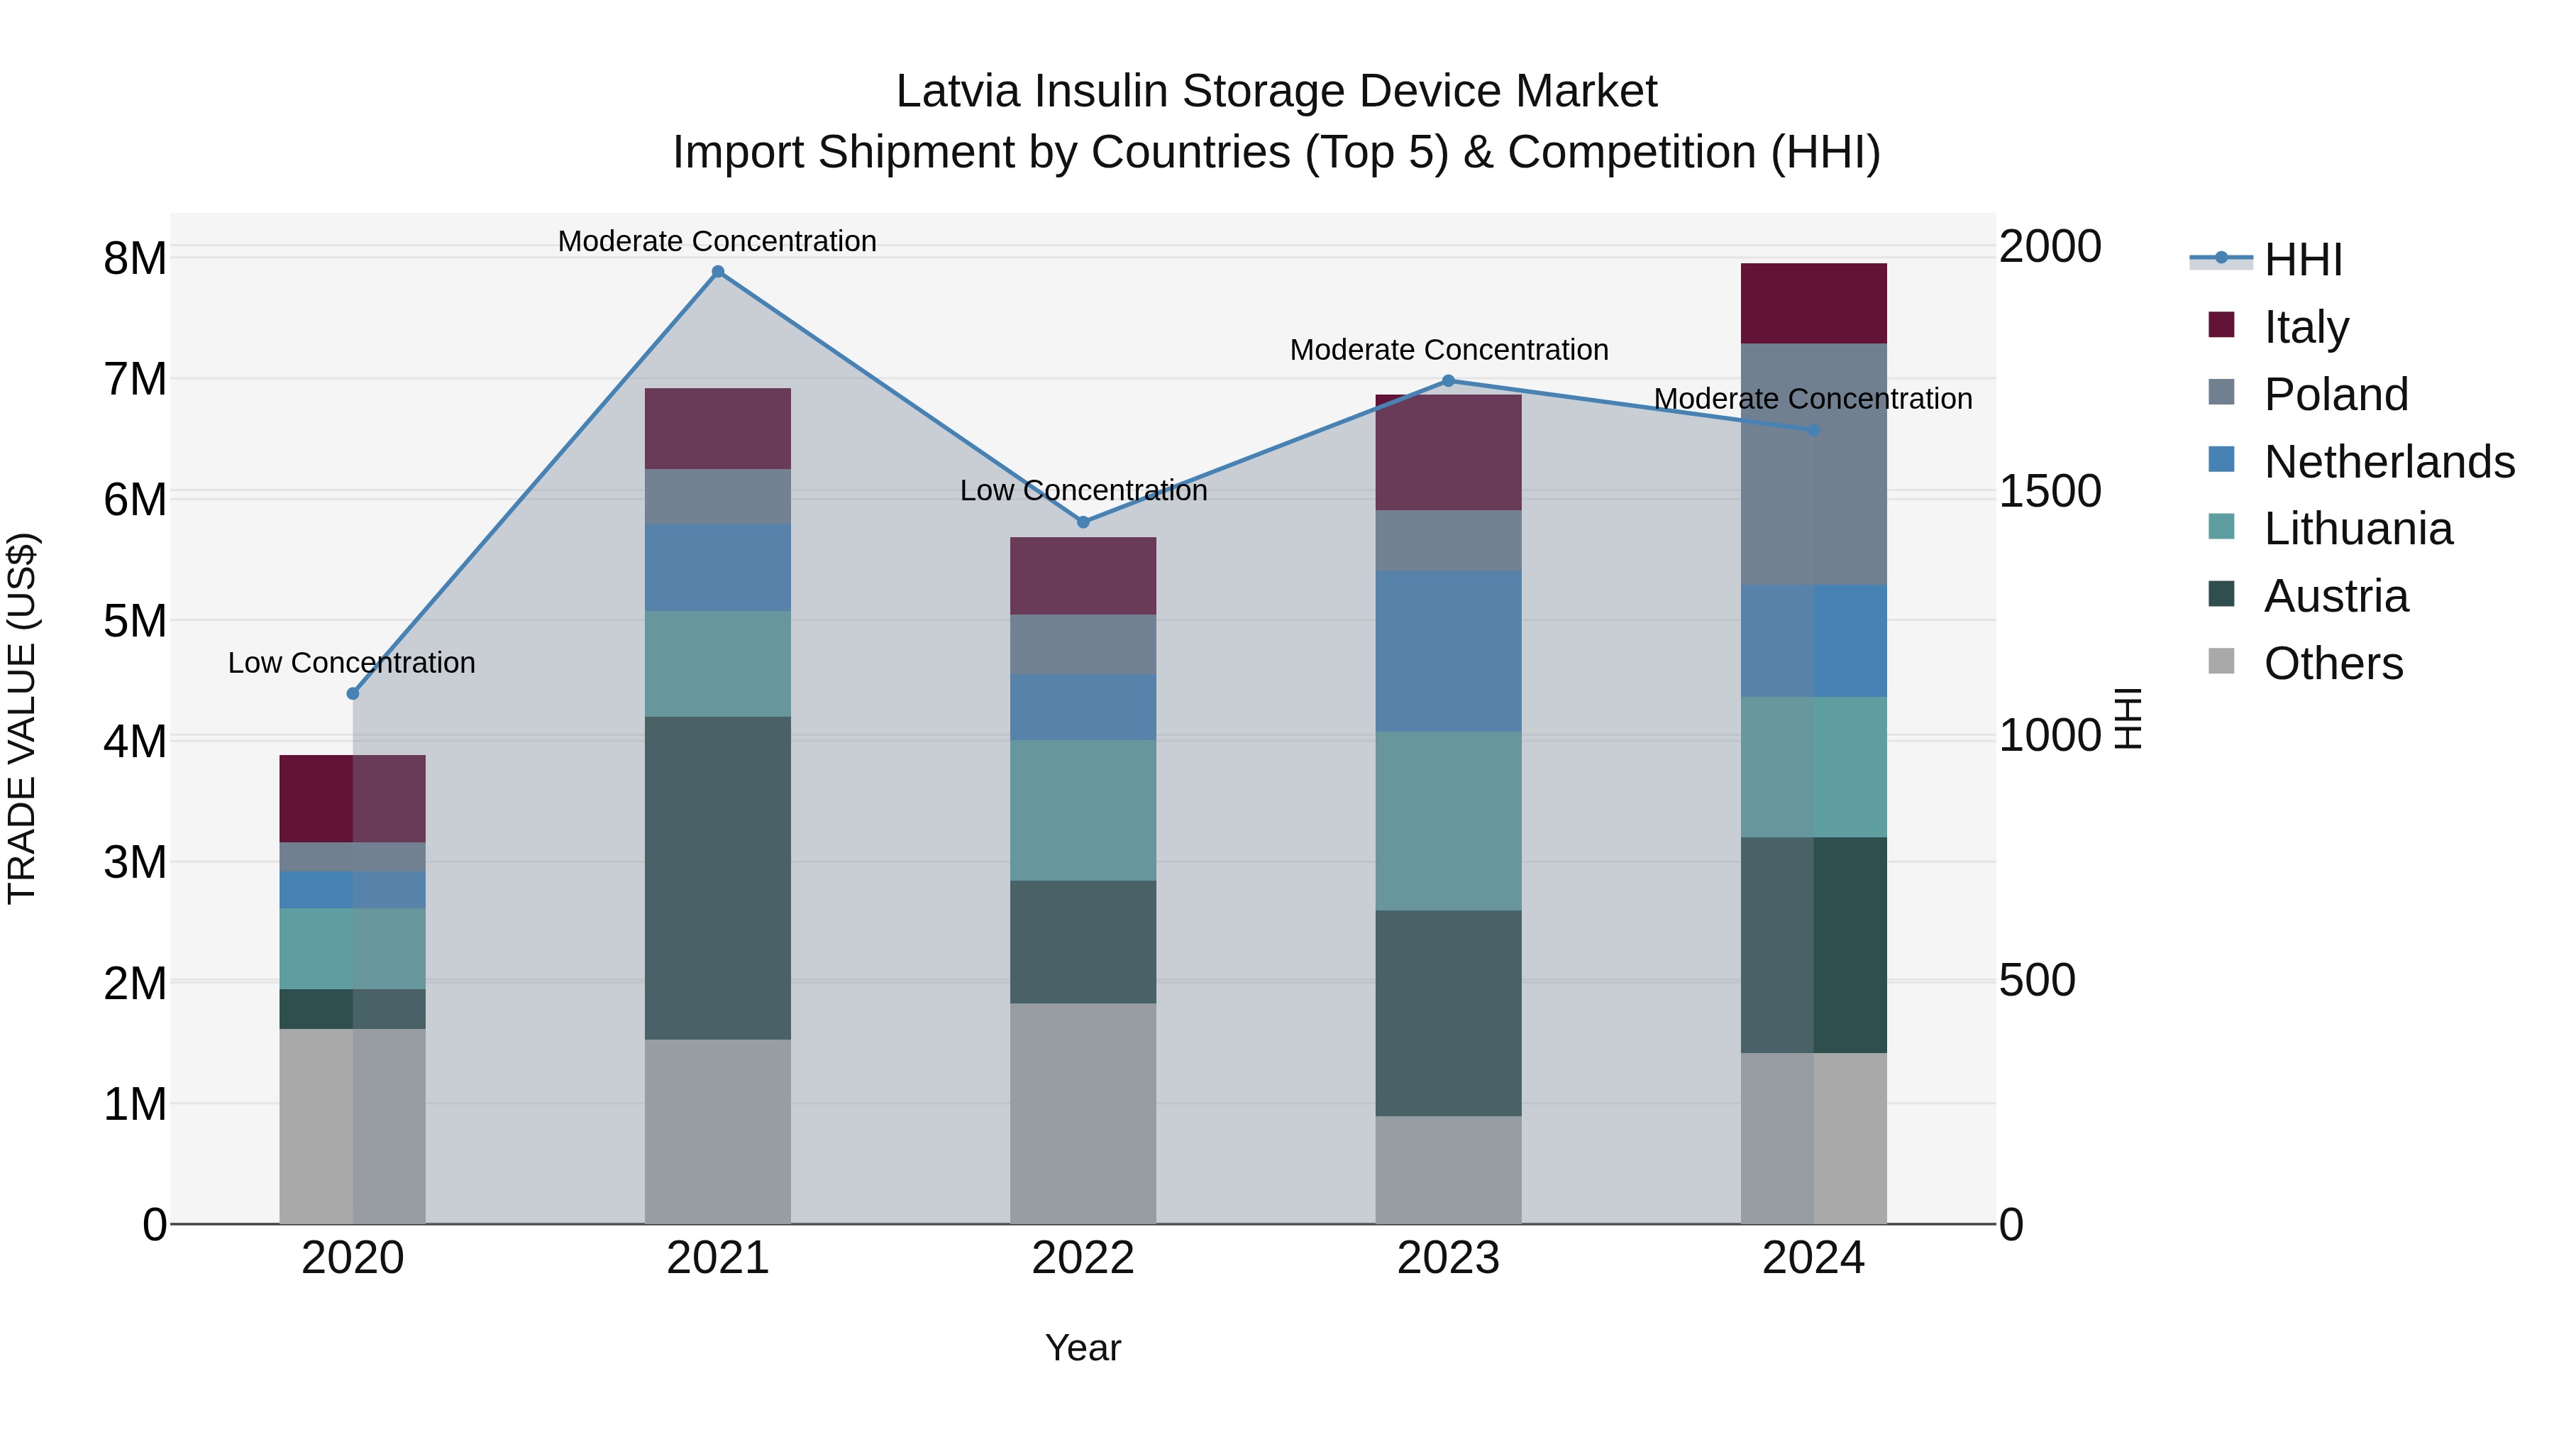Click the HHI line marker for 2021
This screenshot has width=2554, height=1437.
click(x=718, y=272)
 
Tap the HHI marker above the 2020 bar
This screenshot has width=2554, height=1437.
click(x=353, y=693)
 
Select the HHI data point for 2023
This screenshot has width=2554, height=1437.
click(x=1447, y=381)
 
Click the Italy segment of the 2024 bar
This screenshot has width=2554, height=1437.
click(x=1813, y=304)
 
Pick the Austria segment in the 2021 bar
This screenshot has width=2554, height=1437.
click(x=718, y=878)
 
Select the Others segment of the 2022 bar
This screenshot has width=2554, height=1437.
click(x=1083, y=1113)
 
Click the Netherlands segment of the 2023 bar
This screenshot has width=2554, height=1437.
click(x=1447, y=651)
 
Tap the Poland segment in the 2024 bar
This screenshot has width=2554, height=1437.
click(x=1813, y=463)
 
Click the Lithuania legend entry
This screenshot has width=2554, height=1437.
click(x=2357, y=529)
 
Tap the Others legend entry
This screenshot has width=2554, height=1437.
click(x=2333, y=664)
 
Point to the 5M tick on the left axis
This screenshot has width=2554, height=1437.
click(x=135, y=622)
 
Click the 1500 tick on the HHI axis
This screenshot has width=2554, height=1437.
click(x=2048, y=491)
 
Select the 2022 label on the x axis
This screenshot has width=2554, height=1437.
click(x=1083, y=1258)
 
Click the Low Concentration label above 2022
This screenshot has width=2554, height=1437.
click(x=1083, y=491)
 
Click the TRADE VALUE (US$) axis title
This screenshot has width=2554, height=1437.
click(x=22, y=718)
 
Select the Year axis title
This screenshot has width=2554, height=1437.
click(x=1083, y=1348)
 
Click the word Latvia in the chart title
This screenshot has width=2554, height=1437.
click(x=958, y=92)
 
